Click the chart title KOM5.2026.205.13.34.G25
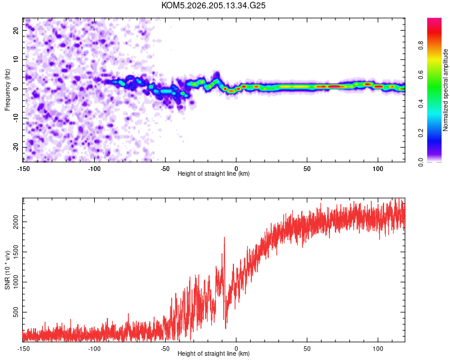point(213,5)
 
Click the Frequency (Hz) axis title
point(7,90)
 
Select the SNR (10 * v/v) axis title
point(7,270)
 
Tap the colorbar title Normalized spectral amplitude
point(445,90)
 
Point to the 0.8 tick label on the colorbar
point(421,46)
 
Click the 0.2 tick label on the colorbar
point(421,133)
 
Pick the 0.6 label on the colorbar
point(421,74)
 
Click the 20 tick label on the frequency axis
point(16,30)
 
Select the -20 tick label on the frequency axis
point(16,147)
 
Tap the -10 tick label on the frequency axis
point(16,118)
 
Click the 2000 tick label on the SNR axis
point(16,221)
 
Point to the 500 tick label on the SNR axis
point(16,312)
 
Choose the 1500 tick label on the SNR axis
point(16,252)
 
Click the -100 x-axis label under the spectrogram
point(94,169)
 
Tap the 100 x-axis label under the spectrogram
point(378,169)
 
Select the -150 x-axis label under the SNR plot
point(23,349)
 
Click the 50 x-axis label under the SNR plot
point(307,349)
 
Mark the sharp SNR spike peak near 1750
point(224,237)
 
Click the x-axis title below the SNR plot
point(214,353)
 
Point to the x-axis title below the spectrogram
point(214,173)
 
